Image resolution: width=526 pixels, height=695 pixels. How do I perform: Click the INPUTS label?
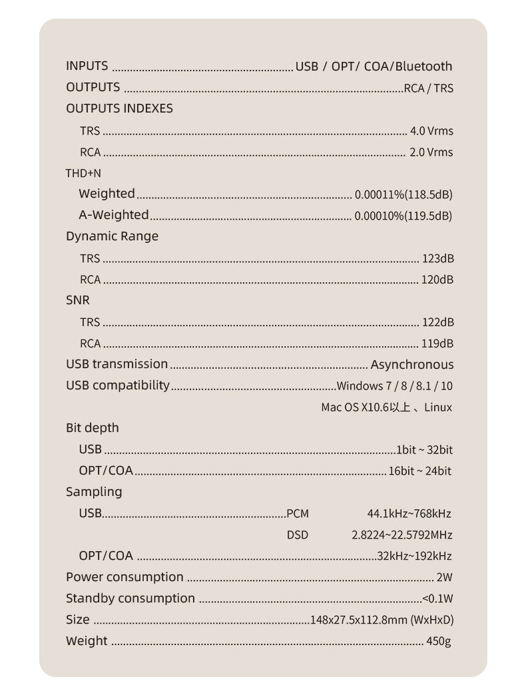(x=87, y=66)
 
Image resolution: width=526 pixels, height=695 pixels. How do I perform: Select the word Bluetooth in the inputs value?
(x=423, y=67)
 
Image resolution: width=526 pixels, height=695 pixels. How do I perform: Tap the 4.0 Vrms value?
(x=431, y=131)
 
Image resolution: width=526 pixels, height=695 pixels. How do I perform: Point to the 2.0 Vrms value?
(x=431, y=152)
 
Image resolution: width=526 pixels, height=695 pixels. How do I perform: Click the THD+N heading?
(x=83, y=173)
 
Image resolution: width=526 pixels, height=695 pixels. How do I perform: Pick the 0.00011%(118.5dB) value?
(x=403, y=195)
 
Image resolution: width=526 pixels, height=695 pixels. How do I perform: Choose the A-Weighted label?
(x=114, y=215)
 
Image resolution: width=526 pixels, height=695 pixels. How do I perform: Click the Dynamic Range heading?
(x=112, y=236)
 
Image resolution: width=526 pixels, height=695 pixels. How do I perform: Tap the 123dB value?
(x=437, y=258)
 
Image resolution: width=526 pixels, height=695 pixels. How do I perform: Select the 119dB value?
(x=437, y=344)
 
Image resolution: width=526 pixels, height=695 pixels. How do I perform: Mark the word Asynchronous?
(x=411, y=365)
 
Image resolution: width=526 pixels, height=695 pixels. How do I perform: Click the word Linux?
(x=437, y=407)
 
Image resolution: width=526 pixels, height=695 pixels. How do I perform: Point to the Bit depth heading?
(x=92, y=428)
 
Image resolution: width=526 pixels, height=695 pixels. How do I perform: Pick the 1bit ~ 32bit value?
(x=424, y=450)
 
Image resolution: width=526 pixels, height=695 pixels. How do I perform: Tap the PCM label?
(x=298, y=514)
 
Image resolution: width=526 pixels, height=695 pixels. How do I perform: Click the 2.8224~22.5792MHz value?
(x=401, y=535)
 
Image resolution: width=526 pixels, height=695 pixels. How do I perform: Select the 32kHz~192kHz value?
(x=414, y=557)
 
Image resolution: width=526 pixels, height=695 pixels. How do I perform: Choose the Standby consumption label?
(x=131, y=598)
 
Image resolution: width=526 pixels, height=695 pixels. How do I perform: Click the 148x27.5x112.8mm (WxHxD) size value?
(x=382, y=620)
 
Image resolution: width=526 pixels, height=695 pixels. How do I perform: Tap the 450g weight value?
(x=439, y=641)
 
